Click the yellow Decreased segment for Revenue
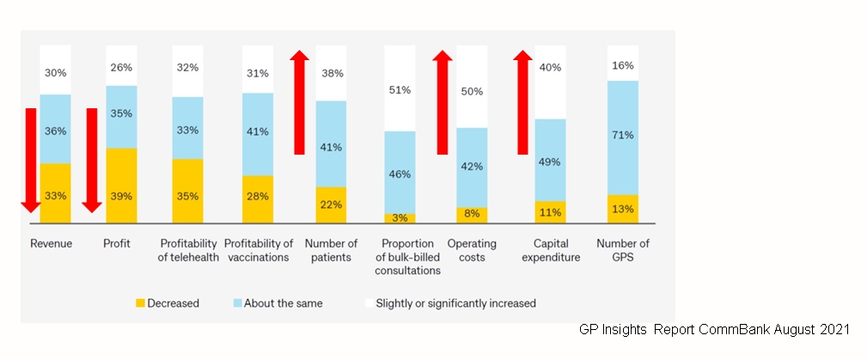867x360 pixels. tap(55, 194)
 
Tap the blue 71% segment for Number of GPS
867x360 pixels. tap(623, 137)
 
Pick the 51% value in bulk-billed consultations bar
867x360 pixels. tap(400, 89)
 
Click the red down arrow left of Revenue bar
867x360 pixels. tap(31, 160)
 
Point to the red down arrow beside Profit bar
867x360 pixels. tap(92, 160)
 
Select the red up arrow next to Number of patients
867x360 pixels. tap(299, 101)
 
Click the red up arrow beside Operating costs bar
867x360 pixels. tap(443, 101)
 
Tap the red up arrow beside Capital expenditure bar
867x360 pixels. tap(522, 101)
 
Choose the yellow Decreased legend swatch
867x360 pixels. tap(141, 303)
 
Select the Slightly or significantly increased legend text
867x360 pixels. tap(456, 303)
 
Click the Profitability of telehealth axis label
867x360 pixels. tap(187, 250)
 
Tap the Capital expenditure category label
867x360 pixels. tap(551, 250)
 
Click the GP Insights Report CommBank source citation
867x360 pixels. tap(714, 330)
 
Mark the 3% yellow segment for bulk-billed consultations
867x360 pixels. tap(400, 219)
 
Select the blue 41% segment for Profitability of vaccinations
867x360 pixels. tap(258, 134)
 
